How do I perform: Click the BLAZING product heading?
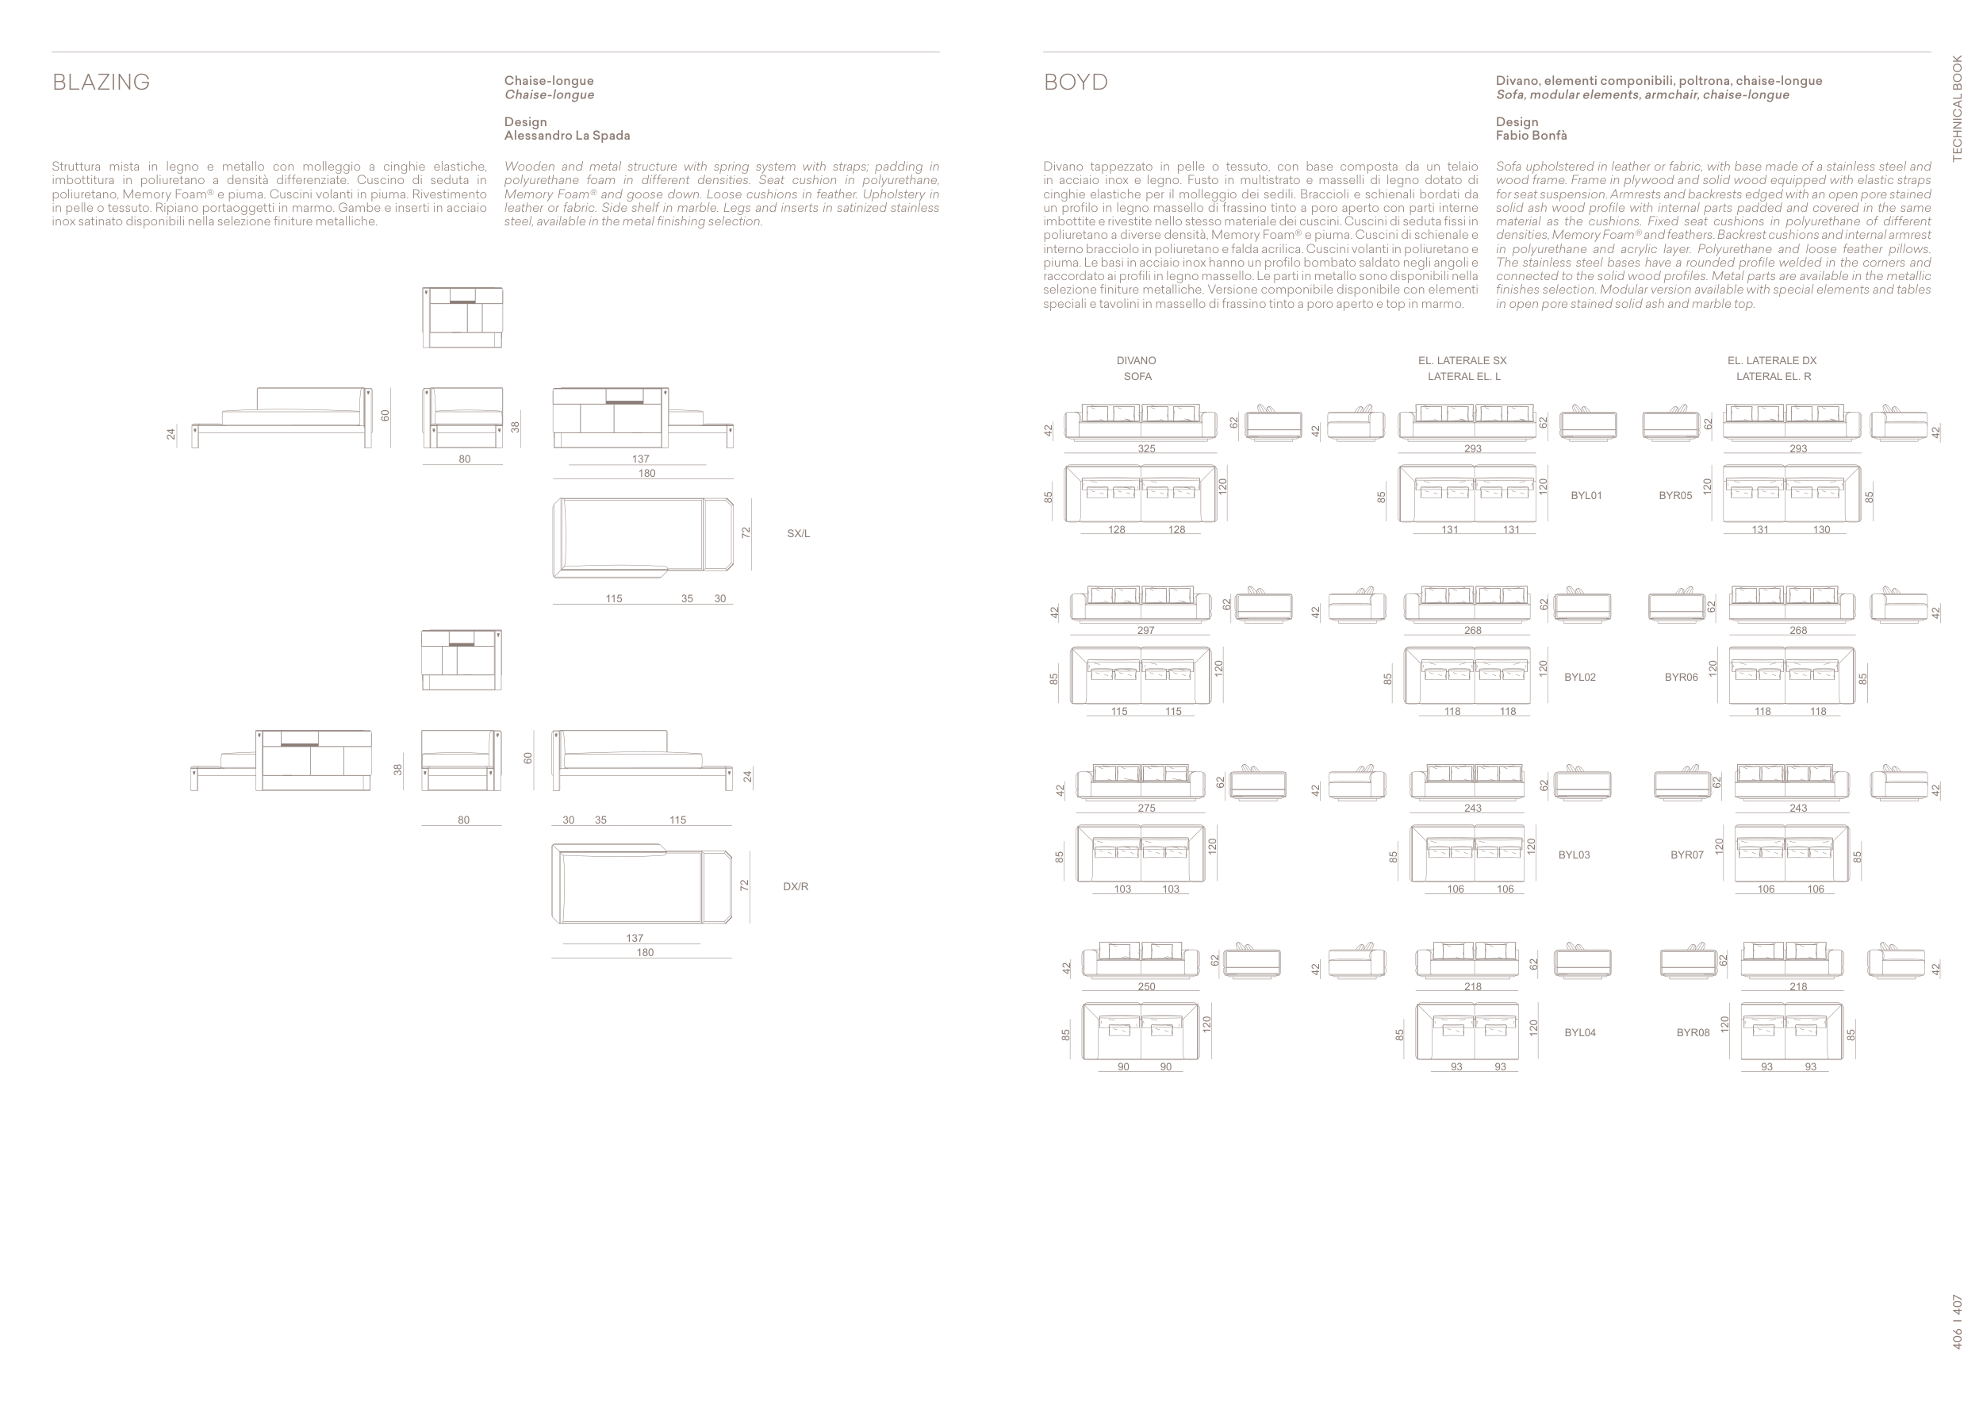tap(101, 82)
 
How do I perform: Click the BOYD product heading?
tap(1076, 82)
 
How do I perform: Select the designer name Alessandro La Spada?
tap(566, 136)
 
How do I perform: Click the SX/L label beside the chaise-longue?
tap(798, 534)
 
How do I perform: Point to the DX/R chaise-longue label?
tap(796, 886)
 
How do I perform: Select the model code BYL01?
tap(1586, 496)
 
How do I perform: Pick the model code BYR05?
tap(1674, 496)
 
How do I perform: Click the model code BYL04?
tap(1580, 1032)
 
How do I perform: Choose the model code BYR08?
tap(1693, 1032)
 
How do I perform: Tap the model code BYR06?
tap(1681, 678)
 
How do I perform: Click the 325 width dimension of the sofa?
tap(1146, 449)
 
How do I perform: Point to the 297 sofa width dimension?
tap(1145, 631)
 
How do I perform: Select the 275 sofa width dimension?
tap(1146, 809)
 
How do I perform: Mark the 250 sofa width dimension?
tap(1146, 986)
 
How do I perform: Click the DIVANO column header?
tap(1136, 361)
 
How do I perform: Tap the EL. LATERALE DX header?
tap(1771, 361)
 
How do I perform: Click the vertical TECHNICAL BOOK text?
tap(1957, 108)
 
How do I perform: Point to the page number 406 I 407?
tap(1957, 1322)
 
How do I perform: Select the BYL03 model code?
tap(1574, 855)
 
